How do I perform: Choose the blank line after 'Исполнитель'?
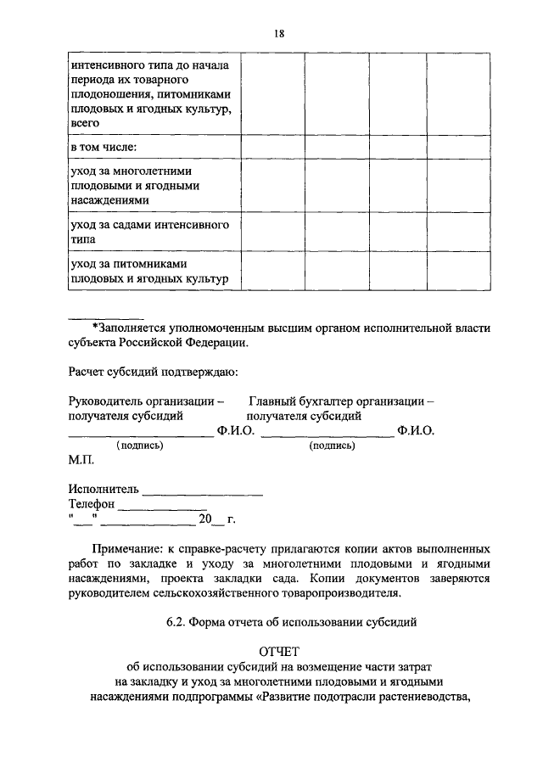[203, 493]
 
